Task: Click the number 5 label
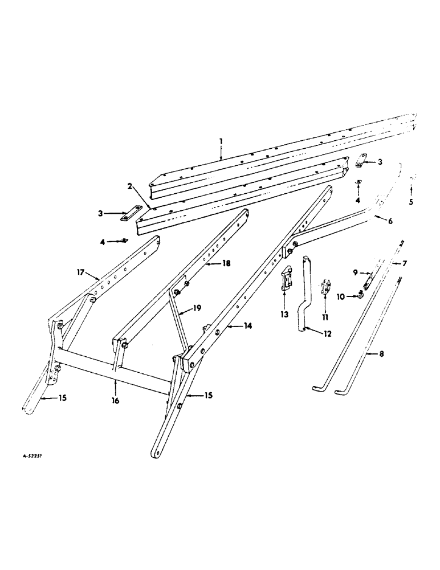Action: point(413,201)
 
